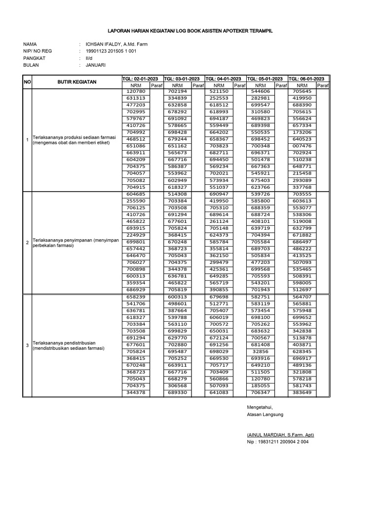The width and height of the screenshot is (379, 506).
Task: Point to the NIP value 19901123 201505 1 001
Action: [111, 51]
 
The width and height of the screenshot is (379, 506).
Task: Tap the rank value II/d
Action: [89, 58]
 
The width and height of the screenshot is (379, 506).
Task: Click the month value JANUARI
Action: [95, 65]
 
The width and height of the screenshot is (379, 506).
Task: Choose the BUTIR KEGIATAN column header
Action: [77, 82]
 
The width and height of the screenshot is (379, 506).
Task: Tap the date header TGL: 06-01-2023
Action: [306, 79]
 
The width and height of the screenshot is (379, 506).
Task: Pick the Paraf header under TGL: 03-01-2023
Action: [198, 85]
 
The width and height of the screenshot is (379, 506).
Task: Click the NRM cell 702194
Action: [177, 91]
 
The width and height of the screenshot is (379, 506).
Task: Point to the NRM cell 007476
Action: [302, 146]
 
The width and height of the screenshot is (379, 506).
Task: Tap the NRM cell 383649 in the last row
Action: [302, 392]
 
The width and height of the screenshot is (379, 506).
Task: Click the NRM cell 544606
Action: [261, 91]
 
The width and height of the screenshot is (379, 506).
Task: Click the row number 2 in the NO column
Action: [27, 242]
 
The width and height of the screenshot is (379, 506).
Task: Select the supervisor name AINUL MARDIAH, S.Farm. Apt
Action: [280, 435]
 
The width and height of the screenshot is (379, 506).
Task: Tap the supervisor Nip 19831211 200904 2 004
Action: [277, 442]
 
